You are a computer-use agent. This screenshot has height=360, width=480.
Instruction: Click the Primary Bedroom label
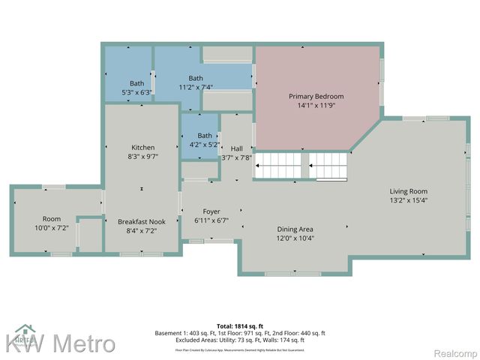[316, 96]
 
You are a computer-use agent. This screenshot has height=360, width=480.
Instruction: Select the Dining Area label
[295, 229]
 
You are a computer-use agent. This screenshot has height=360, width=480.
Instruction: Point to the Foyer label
[211, 211]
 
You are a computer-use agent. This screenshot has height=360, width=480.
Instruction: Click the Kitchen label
[142, 147]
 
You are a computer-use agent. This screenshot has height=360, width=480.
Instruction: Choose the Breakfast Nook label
[142, 222]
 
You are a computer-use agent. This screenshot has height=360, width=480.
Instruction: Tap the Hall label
[237, 148]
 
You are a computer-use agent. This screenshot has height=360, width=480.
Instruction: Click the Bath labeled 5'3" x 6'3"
[136, 83]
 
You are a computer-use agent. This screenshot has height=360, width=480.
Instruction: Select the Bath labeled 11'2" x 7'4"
[196, 78]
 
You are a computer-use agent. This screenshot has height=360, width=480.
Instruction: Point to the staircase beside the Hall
[301, 164]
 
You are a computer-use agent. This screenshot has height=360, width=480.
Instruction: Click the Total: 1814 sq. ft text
[240, 325]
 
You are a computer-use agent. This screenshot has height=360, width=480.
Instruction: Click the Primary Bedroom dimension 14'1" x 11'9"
[316, 106]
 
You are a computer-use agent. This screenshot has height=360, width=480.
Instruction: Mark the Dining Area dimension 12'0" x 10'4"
[295, 238]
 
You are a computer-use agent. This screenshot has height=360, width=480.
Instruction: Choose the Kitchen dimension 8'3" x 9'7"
[142, 157]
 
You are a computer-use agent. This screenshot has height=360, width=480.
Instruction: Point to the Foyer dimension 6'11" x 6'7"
[211, 220]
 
